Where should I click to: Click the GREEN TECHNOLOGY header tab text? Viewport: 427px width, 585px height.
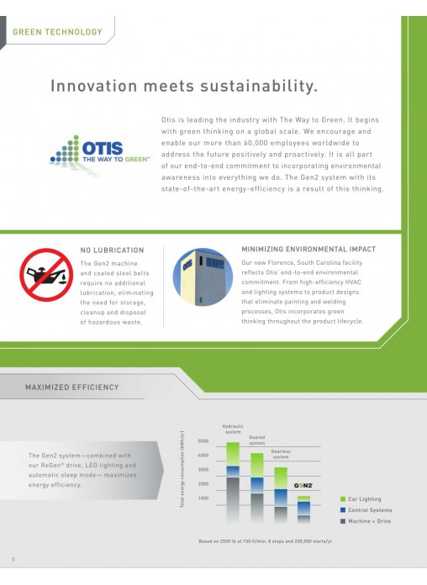[x=57, y=32]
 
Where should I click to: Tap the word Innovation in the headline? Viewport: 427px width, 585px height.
[x=93, y=86]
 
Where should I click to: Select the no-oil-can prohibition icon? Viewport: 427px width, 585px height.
[x=46, y=275]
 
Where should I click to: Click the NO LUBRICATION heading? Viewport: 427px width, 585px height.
[x=112, y=250]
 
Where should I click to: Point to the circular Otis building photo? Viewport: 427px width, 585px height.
[x=203, y=277]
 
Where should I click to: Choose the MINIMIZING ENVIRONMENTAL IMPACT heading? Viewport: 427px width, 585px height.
[x=308, y=250]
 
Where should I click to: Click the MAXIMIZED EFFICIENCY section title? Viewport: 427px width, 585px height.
[x=71, y=387]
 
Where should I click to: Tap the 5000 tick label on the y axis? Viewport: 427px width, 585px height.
[x=203, y=441]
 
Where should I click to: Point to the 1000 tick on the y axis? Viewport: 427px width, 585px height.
[x=203, y=498]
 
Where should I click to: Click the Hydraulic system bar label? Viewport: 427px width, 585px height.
[x=233, y=429]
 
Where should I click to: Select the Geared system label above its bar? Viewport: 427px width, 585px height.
[x=257, y=440]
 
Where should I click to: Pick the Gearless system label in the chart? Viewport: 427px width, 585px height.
[x=281, y=454]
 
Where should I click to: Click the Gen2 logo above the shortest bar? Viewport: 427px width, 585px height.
[x=303, y=485]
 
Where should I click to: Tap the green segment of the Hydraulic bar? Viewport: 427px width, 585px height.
[x=233, y=454]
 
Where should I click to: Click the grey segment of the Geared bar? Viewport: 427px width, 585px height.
[x=257, y=508]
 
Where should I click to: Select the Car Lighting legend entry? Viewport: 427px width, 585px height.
[x=361, y=499]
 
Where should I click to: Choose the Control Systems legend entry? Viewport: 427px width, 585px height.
[x=366, y=510]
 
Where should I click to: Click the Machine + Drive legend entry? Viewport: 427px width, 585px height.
[x=366, y=521]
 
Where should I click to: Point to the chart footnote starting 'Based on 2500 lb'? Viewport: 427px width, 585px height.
[x=265, y=541]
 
